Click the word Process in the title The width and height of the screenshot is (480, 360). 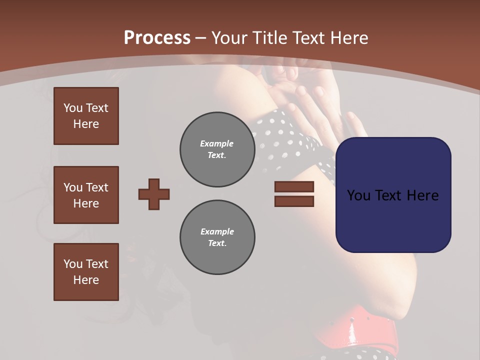coord(157,38)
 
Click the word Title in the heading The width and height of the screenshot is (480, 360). coord(269,38)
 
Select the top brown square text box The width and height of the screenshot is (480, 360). coord(86,116)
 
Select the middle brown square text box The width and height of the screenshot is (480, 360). coord(86,195)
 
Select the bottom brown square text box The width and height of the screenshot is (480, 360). coord(86,272)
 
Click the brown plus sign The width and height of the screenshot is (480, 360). coord(154,194)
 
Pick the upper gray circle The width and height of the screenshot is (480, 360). coord(217,149)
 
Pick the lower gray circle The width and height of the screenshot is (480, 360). coord(217,237)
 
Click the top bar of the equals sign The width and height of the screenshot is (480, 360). coord(294,187)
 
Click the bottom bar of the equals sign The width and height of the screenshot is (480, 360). coord(294,201)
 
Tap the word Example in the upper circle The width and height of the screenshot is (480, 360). coord(216,144)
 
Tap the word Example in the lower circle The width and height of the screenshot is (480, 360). coord(217,232)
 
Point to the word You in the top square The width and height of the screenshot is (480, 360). coord(72,108)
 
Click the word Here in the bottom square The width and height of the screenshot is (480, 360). coord(86,280)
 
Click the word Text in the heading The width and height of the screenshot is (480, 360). coord(307,38)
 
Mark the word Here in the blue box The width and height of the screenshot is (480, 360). coord(423,195)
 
